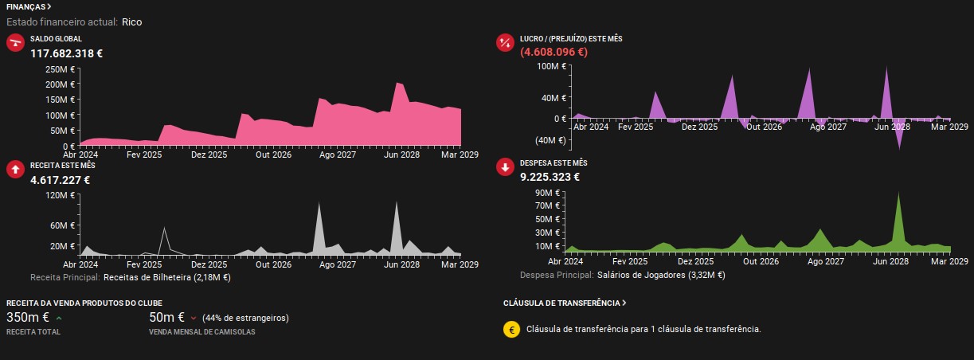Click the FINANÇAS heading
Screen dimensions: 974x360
[28, 7]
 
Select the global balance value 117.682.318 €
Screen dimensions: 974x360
[67, 53]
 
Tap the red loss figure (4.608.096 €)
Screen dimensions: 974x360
[553, 52]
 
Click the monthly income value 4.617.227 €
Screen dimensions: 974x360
[60, 180]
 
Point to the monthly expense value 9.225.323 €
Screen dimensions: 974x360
[550, 177]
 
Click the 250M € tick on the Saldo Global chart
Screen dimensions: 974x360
[60, 69]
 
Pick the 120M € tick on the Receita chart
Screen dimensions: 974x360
[60, 195]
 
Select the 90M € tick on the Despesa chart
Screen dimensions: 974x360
[547, 193]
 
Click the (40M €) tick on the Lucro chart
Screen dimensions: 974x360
[550, 140]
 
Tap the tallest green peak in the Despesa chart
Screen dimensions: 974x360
[898, 194]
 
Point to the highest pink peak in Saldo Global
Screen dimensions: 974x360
[397, 83]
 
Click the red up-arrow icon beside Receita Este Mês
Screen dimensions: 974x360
[15, 169]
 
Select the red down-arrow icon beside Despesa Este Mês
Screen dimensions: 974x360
[505, 167]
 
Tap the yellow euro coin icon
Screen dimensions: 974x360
[512, 330]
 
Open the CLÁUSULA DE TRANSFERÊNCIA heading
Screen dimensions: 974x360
[565, 303]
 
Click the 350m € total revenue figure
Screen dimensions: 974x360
[28, 318]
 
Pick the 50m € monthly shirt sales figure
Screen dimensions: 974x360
[167, 318]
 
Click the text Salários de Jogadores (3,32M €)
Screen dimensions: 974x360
[661, 275]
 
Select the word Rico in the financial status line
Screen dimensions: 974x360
[131, 22]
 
